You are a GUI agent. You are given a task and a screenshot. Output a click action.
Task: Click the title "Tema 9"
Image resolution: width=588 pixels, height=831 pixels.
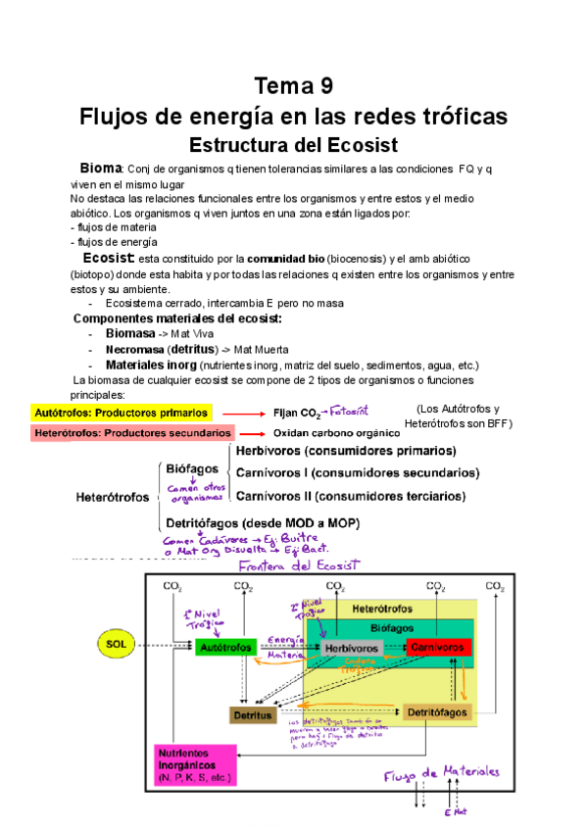coord(293,85)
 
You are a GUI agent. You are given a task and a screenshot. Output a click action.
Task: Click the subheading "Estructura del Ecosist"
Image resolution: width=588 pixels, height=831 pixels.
coord(293,145)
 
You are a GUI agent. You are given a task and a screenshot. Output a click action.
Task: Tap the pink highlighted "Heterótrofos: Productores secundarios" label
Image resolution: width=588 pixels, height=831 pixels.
coord(132,433)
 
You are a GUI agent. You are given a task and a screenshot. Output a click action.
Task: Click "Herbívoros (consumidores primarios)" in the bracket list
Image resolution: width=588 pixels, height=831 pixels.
coord(345,452)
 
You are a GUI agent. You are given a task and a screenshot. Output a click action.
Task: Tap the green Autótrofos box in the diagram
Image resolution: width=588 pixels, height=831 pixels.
coord(224,648)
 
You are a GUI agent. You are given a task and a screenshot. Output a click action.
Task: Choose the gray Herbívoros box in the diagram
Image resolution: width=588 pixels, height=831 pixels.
coord(349,648)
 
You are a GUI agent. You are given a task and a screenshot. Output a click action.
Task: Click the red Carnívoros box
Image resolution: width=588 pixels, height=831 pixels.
coord(439,648)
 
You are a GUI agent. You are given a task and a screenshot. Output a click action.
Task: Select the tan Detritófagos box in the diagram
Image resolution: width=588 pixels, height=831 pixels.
coord(436,711)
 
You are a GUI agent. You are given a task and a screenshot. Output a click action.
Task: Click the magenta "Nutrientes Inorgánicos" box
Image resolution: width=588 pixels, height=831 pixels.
coord(194,765)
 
